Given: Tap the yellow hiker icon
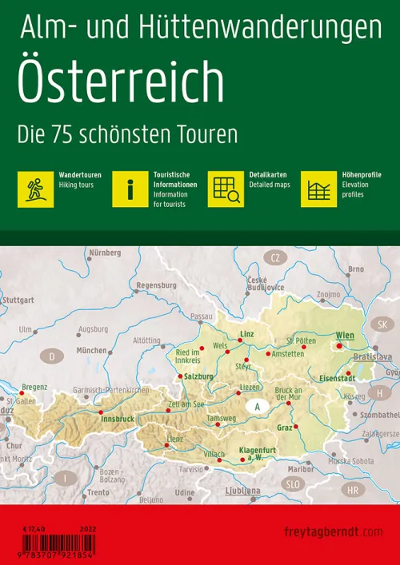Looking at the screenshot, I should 35,189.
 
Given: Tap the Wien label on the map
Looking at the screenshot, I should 344,335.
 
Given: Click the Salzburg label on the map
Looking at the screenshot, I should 198,376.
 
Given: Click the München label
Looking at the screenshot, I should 92,351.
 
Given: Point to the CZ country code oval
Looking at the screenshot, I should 277,257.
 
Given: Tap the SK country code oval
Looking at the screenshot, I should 382,324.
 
